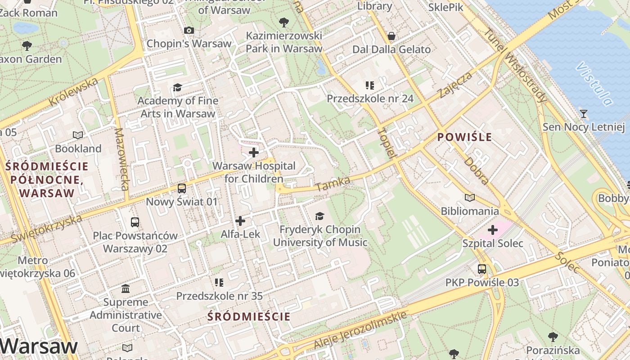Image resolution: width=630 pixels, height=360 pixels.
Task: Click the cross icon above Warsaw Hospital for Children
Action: [x=254, y=153]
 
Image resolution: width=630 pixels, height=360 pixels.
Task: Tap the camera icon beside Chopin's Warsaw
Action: [x=189, y=30]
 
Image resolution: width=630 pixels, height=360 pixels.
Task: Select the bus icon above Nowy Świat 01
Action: [x=182, y=188]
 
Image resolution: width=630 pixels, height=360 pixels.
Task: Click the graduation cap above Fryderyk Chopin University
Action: [x=319, y=216]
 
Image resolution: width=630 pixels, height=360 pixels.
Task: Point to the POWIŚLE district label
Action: [x=465, y=137]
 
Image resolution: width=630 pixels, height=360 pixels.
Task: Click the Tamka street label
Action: [x=333, y=184]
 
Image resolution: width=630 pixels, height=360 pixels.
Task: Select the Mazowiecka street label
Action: [x=122, y=159]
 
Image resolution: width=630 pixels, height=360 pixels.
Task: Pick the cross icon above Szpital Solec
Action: [x=493, y=230]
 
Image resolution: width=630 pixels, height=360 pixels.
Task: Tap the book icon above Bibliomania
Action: [x=470, y=198]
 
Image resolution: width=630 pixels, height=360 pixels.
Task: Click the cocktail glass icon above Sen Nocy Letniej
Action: [x=584, y=113]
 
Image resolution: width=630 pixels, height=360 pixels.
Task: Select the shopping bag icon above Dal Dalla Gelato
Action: [x=391, y=36]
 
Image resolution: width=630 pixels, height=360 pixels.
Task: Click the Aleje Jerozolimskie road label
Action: [x=360, y=330]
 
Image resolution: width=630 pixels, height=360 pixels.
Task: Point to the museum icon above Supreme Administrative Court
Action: [x=126, y=288]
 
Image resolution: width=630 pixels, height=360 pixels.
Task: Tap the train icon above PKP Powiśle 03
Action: [x=482, y=269]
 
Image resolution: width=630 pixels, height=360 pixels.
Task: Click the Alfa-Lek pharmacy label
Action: [x=240, y=234]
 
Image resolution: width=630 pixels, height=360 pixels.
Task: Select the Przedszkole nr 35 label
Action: [x=219, y=296]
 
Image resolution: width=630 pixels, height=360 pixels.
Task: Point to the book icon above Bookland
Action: [x=78, y=135]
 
